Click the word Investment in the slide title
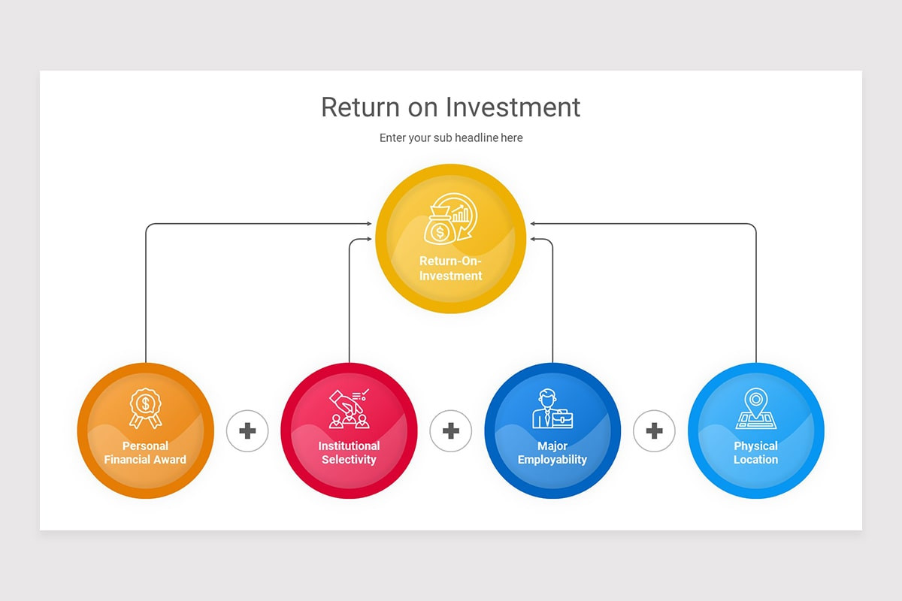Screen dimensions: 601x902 [x=513, y=107]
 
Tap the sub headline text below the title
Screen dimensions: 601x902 [x=451, y=138]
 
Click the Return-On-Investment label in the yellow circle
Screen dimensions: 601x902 [x=451, y=268]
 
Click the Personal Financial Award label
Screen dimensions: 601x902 [x=145, y=453]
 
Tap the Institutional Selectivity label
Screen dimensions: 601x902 [x=349, y=453]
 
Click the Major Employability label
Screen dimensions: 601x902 [x=552, y=453]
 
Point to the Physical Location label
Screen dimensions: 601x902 [x=755, y=453]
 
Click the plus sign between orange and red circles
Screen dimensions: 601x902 [x=247, y=431]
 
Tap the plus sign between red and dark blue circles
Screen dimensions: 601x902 [x=451, y=431]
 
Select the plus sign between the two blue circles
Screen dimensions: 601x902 [x=654, y=431]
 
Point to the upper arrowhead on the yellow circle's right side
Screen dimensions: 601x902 [x=532, y=224]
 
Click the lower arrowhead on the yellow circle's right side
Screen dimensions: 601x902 [x=532, y=239]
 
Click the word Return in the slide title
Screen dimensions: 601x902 [x=359, y=107]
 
